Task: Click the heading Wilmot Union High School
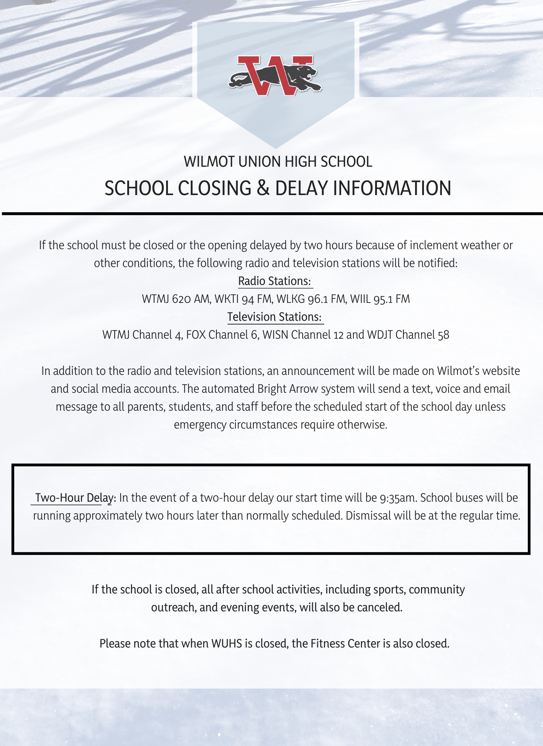(x=278, y=162)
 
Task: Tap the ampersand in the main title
(x=263, y=188)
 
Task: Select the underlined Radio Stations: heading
(x=275, y=281)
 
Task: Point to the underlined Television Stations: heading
(x=275, y=317)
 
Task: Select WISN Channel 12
(x=303, y=335)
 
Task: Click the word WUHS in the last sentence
(x=227, y=644)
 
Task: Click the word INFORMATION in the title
(x=392, y=188)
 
